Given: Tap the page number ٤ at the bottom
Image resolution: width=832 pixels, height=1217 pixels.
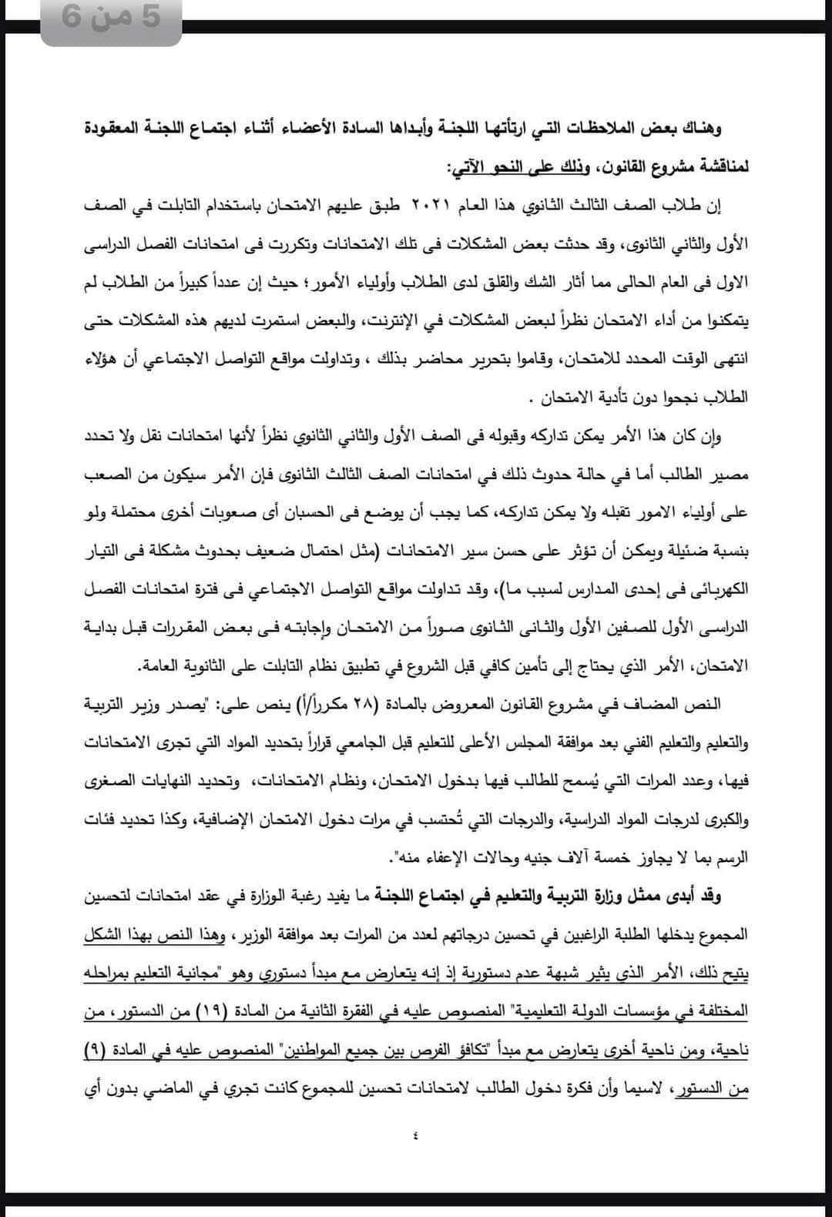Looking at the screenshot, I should click(416, 1134).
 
